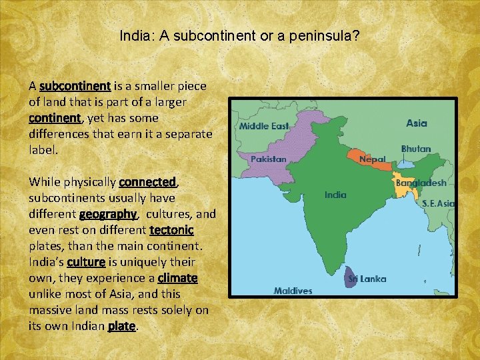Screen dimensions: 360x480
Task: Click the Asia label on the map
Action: click(417, 123)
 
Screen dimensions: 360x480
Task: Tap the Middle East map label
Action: click(265, 125)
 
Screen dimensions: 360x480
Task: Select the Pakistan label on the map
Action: click(268, 159)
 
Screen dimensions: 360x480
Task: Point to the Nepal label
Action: click(372, 159)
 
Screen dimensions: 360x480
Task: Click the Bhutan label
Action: click(416, 149)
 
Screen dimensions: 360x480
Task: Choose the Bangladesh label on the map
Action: click(421, 182)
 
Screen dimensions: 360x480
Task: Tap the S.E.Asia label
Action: click(438, 203)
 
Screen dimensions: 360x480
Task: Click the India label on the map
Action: click(335, 195)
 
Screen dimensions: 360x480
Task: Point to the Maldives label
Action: click(293, 291)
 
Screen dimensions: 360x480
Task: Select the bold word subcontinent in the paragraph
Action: click(75, 86)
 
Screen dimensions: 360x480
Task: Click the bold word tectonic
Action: click(172, 230)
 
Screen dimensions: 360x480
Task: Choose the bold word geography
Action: click(108, 214)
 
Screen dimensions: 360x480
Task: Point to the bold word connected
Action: click(147, 182)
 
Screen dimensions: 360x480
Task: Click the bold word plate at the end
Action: click(122, 326)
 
